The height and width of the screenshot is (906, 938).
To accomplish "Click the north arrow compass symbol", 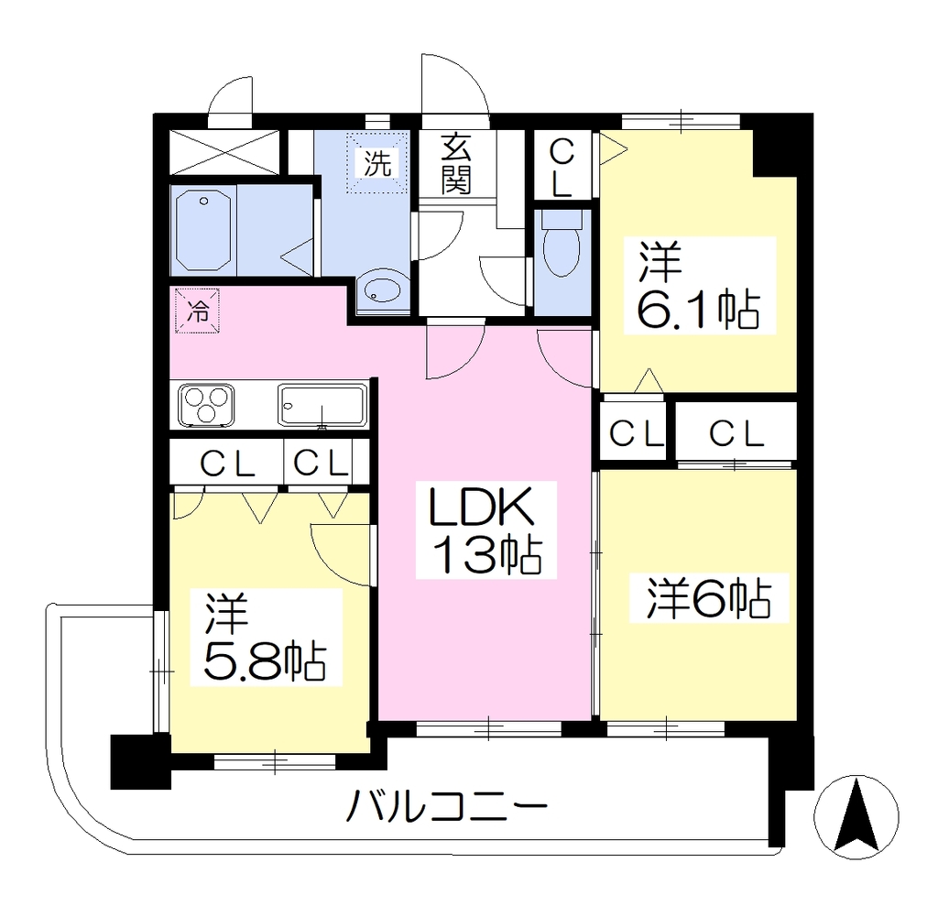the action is coord(856,817).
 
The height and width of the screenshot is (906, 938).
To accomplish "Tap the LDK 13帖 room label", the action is coord(485,530).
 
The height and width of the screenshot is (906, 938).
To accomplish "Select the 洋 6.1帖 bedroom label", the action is coord(699,285).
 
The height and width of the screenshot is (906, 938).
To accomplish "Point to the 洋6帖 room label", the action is coord(709,597).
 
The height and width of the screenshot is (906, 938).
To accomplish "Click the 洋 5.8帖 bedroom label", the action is coord(266,637).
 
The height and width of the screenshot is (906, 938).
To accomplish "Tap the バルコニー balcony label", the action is coord(447,805).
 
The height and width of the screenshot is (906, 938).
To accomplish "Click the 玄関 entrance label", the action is coord(456,165).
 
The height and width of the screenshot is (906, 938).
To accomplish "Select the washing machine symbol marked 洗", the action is coord(378,162).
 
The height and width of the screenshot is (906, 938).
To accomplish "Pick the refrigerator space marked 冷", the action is coord(198,311).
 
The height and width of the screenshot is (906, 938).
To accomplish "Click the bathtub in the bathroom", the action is coord(203,230).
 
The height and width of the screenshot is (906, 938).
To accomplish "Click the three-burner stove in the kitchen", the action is coord(206,406).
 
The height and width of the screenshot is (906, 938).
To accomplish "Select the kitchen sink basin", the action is coord(322,406).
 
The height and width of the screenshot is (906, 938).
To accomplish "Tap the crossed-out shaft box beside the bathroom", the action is coord(224,153).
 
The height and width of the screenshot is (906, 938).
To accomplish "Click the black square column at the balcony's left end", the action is coord(140,761).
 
